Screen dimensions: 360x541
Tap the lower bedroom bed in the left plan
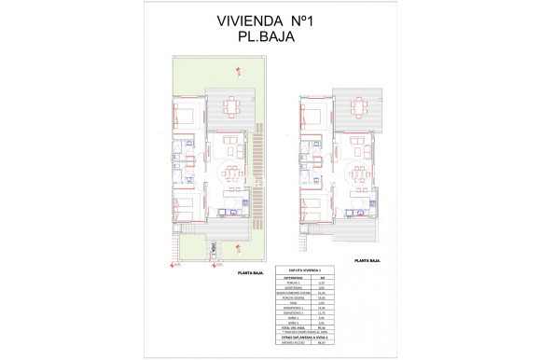pos(185,205)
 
